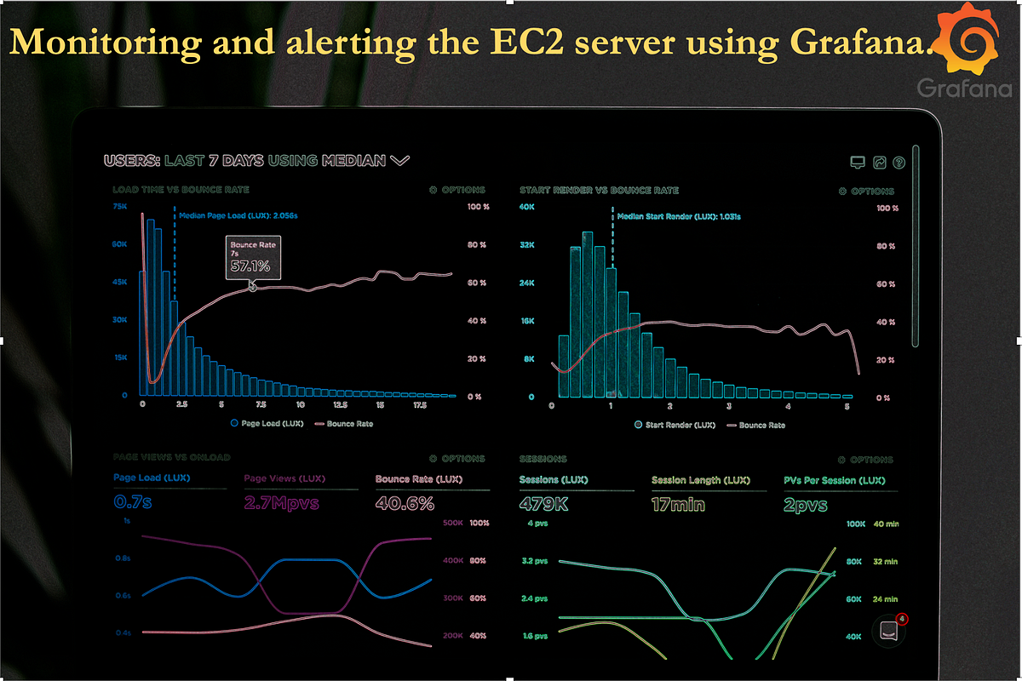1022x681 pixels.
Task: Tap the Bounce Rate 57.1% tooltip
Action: [x=253, y=258]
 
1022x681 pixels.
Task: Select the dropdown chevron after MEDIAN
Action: [x=400, y=160]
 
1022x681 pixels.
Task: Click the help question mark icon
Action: [x=898, y=162]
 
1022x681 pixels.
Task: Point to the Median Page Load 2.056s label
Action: [x=238, y=216]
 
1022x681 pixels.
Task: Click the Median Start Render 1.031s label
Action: [x=679, y=217]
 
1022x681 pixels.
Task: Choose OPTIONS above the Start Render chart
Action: [x=867, y=192]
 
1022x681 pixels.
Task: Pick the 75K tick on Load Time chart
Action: [x=120, y=206]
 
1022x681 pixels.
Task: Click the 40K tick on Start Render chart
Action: [x=527, y=207]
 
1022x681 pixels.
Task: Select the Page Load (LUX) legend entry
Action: [x=264, y=423]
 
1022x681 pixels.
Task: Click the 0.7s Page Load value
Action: [x=133, y=503]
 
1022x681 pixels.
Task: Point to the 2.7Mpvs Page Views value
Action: [x=281, y=503]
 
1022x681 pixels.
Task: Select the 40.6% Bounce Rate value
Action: [x=405, y=503]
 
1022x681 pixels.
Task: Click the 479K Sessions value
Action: [x=542, y=504]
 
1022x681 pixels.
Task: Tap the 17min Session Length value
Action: [x=678, y=504]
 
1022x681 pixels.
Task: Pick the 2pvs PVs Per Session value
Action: [x=806, y=504]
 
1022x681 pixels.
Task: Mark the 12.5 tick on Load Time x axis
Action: [x=341, y=406]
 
